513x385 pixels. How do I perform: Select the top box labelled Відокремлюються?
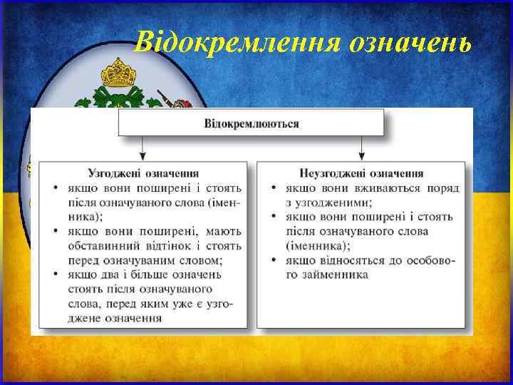[x=252, y=123]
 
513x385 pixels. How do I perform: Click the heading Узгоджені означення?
[x=143, y=173]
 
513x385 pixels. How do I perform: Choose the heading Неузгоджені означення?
[x=361, y=173]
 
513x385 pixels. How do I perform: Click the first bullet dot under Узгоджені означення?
[x=56, y=188]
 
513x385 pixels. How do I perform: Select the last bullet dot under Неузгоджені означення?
[x=274, y=260]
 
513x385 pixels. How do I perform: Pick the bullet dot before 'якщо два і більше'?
[x=56, y=274]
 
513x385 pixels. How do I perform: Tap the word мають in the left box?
[x=224, y=231]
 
